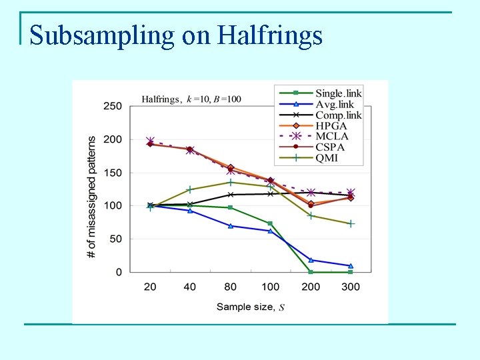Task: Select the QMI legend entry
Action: click(x=327, y=158)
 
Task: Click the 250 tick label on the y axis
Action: click(x=113, y=106)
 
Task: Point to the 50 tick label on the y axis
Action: click(x=115, y=239)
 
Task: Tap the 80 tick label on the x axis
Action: click(x=231, y=287)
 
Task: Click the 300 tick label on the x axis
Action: click(x=351, y=287)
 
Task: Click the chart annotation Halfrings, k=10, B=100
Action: click(x=191, y=99)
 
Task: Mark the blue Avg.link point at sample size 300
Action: click(x=351, y=266)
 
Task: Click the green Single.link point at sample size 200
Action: click(x=311, y=272)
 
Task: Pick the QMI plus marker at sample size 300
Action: click(x=351, y=223)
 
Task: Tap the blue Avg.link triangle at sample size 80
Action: click(x=231, y=226)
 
